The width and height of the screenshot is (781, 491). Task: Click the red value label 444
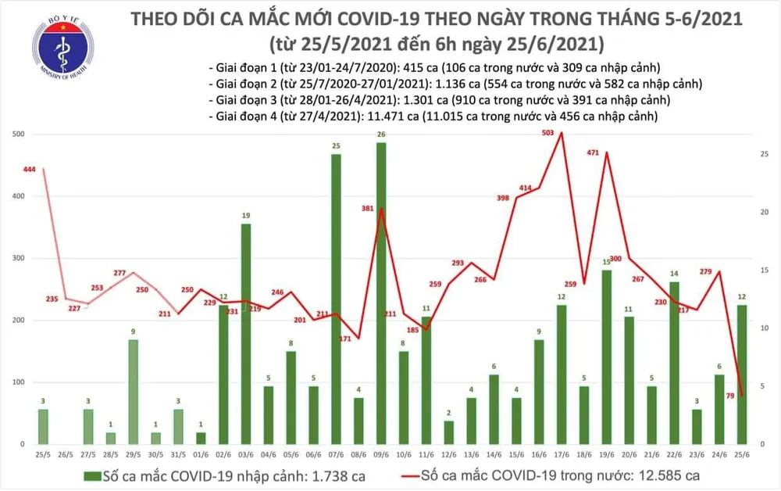[31, 170]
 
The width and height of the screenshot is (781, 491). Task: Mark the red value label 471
[593, 152]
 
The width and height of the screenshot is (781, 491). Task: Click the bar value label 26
[380, 134]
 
